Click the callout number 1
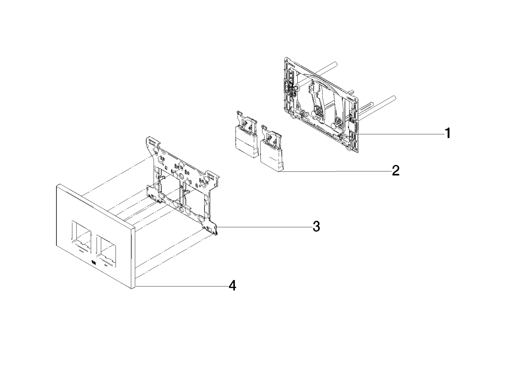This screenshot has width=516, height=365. [447, 133]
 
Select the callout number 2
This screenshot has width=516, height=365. [396, 171]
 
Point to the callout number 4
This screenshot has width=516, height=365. [232, 286]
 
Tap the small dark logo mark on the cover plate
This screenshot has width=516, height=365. [94, 262]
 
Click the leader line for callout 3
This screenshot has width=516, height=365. [265, 227]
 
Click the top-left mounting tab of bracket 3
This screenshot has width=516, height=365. [152, 142]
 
